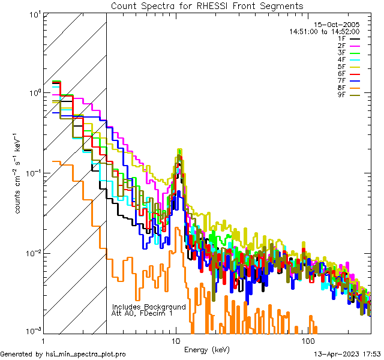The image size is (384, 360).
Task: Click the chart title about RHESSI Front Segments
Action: (x=207, y=5)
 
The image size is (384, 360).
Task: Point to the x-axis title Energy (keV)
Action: (x=207, y=349)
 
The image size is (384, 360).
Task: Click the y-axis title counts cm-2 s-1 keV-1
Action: (x=19, y=173)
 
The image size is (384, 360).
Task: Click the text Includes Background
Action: (x=149, y=307)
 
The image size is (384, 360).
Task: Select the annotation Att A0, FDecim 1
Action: (x=142, y=313)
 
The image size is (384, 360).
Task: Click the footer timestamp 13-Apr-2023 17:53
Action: (x=347, y=354)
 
